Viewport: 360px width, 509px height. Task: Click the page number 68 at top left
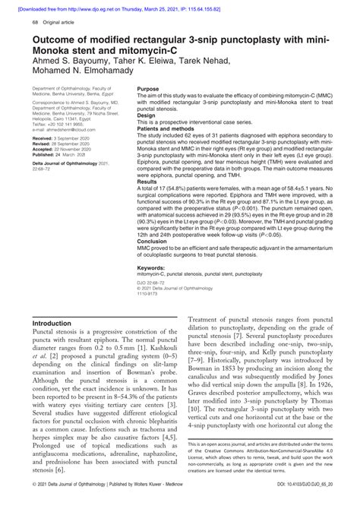[35, 23]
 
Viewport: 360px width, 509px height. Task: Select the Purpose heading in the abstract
[149, 89]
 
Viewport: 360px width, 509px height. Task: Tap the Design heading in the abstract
[147, 115]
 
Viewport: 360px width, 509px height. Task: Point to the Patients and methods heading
[169, 128]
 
